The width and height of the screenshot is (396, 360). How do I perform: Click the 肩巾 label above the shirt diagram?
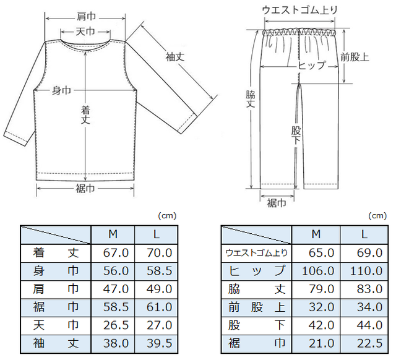pos(86,17)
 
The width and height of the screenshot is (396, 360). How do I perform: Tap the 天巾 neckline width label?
pos(85,32)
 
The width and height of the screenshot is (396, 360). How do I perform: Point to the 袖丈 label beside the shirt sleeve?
pos(174,57)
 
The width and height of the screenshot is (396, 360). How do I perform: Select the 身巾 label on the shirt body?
pos(61,90)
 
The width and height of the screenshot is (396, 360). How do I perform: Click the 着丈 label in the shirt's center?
pos(85,115)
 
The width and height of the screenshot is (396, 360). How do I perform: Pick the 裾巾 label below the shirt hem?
pos(85,189)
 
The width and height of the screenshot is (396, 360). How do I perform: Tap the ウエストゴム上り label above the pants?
pos(299,11)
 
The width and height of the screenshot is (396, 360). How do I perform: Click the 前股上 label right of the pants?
pos(355,57)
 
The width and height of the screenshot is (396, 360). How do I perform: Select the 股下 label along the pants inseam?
pos(296,135)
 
